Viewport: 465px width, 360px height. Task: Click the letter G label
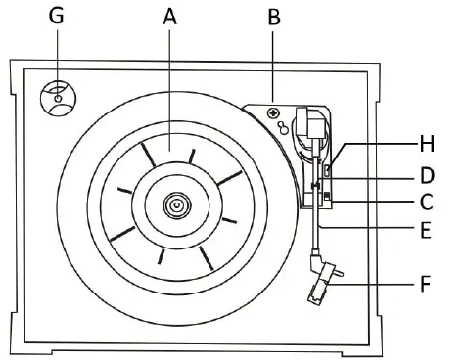(x=56, y=16)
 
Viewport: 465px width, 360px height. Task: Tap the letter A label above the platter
(x=169, y=17)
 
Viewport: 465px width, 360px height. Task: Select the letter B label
(x=274, y=17)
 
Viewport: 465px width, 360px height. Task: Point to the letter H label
(x=427, y=144)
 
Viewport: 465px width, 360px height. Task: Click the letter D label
(x=427, y=176)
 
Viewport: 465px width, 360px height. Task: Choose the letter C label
(x=426, y=202)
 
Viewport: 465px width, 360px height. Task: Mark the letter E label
(x=426, y=231)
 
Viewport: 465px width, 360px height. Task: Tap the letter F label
(x=425, y=284)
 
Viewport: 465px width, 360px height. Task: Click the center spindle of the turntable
(x=176, y=205)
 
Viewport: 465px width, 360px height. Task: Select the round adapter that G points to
(x=58, y=98)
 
